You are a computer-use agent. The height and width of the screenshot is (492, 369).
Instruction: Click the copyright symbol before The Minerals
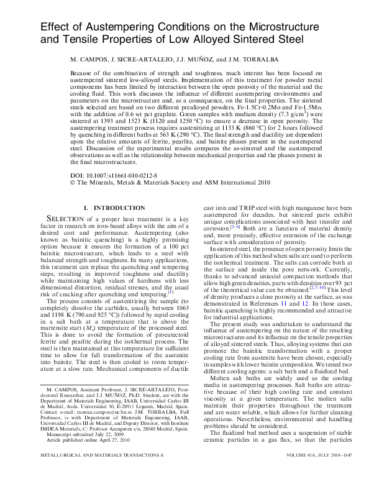pyautogui.click(x=73, y=183)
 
